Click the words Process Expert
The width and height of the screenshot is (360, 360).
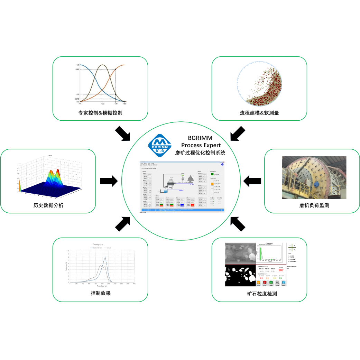[201, 145]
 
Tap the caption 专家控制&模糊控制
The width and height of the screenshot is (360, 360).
[100, 113]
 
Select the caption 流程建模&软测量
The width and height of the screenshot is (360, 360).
[259, 113]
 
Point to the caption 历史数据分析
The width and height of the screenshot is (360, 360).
[48, 205]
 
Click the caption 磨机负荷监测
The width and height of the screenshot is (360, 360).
[314, 205]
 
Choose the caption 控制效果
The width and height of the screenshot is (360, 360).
[101, 293]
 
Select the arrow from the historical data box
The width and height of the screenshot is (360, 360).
[109, 181]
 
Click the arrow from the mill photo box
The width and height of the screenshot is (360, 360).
[252, 181]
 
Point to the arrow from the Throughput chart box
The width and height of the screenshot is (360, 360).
[123, 224]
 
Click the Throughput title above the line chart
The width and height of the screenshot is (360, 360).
[100, 244]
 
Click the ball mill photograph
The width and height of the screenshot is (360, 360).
[314, 177]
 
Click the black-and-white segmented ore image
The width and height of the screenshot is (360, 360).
[240, 276]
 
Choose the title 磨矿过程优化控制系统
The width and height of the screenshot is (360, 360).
[200, 152]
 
